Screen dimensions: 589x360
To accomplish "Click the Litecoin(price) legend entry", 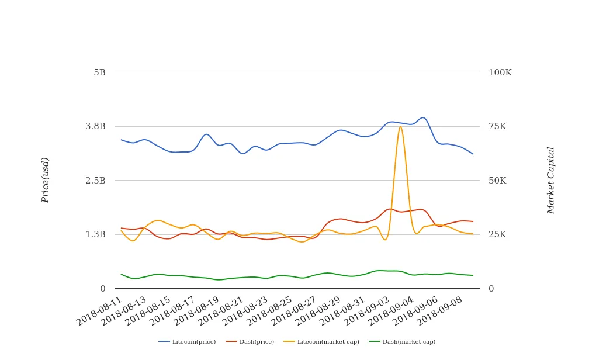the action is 187,341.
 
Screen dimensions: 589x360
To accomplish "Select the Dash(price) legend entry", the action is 250,341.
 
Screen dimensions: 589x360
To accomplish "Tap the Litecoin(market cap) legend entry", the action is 321,341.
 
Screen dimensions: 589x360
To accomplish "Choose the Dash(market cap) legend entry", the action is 402,341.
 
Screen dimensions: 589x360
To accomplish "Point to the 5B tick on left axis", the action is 99,72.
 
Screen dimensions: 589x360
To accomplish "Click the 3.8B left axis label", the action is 95,126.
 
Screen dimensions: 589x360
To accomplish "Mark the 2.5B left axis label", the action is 95,181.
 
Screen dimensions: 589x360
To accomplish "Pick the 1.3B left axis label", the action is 95,234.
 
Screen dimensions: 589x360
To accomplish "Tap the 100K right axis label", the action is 500,72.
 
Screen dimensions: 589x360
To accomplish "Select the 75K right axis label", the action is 497,126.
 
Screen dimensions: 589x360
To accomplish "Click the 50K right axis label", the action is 497,181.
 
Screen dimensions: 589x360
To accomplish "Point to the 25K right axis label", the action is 497,234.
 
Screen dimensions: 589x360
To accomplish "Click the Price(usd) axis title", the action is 45,180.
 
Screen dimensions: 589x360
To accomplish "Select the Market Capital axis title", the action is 550,181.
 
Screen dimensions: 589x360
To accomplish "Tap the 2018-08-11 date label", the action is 99,311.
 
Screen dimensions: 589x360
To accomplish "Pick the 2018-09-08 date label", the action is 440,311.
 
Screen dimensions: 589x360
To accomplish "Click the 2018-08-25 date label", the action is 270,311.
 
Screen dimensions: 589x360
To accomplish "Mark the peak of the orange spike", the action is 400,127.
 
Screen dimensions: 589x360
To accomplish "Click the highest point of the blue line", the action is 423,117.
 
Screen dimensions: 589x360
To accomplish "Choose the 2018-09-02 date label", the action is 367,311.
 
